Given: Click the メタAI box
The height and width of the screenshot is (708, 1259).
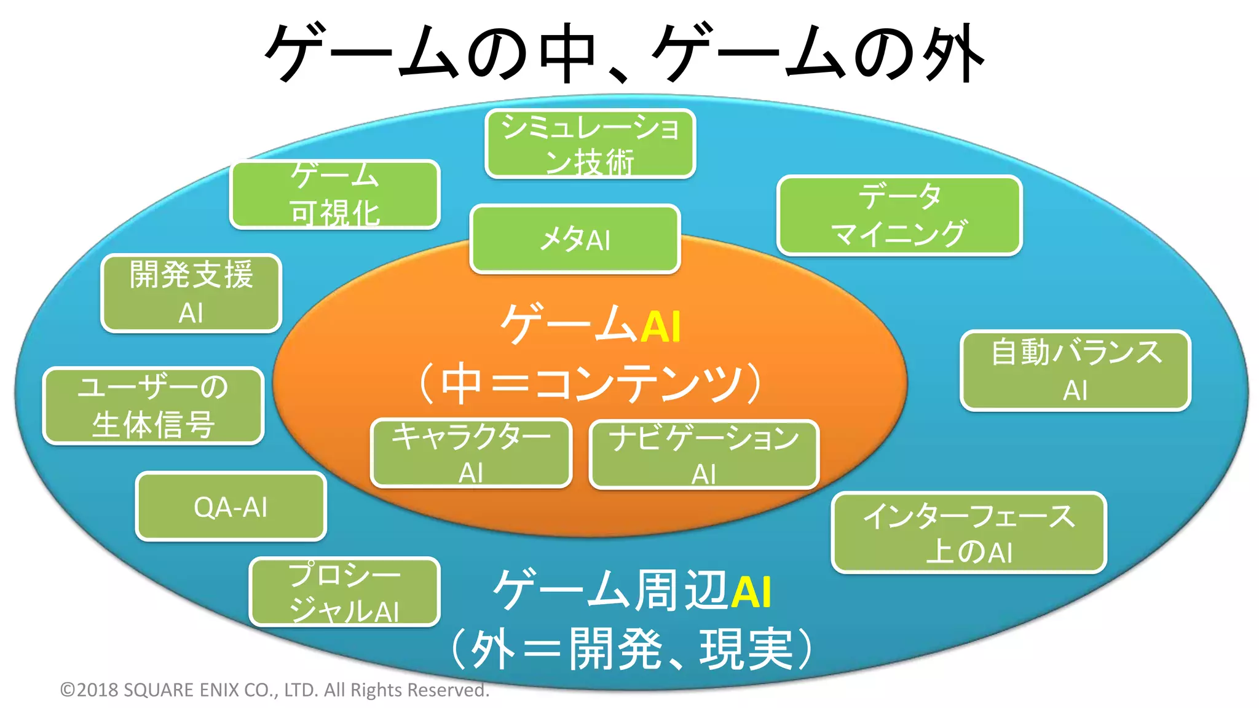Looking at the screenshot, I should click(x=575, y=239).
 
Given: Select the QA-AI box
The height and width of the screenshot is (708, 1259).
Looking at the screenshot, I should click(x=231, y=507).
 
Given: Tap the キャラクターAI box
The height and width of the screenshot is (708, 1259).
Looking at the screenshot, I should click(x=471, y=454).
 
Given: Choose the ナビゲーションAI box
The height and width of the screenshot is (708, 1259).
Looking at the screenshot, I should click(x=704, y=455).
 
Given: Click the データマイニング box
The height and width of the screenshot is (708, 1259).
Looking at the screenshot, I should click(x=899, y=215).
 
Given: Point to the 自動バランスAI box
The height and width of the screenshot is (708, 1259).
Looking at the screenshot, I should click(x=1075, y=371).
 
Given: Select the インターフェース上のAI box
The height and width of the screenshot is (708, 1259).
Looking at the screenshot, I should click(x=968, y=533).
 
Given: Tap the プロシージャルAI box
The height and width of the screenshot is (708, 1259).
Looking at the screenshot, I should click(x=344, y=592).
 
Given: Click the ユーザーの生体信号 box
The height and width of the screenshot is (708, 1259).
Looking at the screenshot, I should click(x=153, y=406).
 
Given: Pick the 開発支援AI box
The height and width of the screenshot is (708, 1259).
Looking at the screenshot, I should click(x=191, y=293).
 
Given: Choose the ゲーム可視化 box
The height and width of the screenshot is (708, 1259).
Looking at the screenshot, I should click(x=335, y=194).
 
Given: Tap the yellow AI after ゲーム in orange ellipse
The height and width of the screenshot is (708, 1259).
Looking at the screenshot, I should click(x=661, y=326).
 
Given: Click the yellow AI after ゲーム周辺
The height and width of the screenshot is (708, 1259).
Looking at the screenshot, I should click(x=751, y=592).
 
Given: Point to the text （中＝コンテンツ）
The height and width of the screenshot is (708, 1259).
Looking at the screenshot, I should click(x=590, y=383).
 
